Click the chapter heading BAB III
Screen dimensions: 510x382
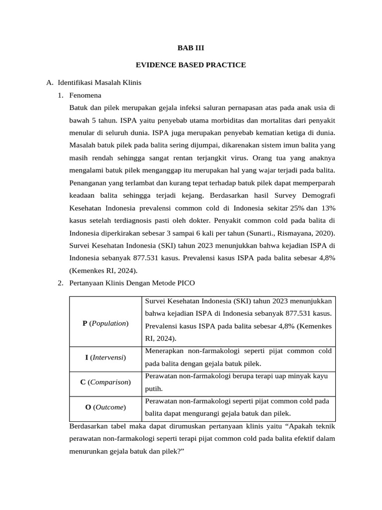tap(191, 48)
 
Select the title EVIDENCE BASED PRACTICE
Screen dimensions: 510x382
tap(191, 65)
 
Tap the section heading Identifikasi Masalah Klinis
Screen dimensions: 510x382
tap(99, 83)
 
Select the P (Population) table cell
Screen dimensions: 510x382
tap(105, 323)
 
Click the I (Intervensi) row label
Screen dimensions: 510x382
tap(105, 358)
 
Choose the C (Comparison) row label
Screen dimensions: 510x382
tap(105, 382)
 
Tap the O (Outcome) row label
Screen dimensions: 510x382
tap(105, 407)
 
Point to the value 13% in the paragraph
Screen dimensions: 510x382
tap(326, 207)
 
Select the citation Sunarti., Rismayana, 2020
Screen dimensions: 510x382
tap(296, 232)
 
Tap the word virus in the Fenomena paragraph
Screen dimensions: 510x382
tap(237, 157)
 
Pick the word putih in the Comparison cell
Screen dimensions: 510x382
tap(154, 388)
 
